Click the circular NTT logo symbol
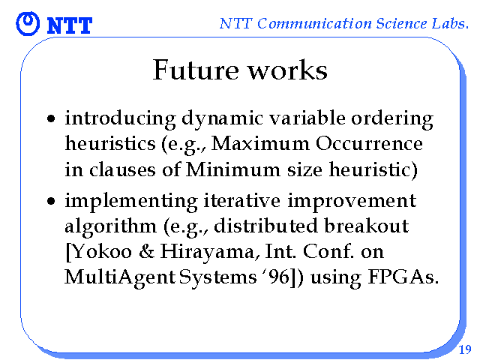[28, 23]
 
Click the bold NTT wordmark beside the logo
[70, 25]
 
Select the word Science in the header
[401, 23]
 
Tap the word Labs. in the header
[450, 23]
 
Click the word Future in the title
[196, 70]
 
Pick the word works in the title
[287, 70]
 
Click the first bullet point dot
[51, 118]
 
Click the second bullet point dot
[51, 201]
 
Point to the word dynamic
[222, 119]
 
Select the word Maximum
[260, 143]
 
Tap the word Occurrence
[369, 143]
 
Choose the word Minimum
[233, 169]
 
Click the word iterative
[241, 200]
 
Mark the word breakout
[367, 226]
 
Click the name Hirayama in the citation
[207, 253]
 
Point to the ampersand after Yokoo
[147, 252]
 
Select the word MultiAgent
[120, 278]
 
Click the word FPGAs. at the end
[403, 277]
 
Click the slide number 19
[465, 349]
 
